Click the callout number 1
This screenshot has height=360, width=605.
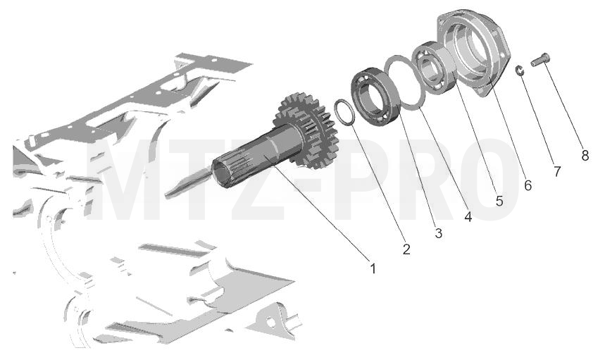tap(373, 268)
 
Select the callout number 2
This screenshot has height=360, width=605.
tap(406, 249)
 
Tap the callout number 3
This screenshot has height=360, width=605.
tap(438, 233)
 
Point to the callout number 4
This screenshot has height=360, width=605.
tap(468, 217)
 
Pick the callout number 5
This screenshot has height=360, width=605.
tap(499, 201)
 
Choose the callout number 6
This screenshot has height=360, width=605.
tap(528, 185)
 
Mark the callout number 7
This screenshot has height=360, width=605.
tap(557, 171)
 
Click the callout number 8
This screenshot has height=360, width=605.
tap(585, 156)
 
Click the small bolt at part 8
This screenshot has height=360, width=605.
tap(540, 60)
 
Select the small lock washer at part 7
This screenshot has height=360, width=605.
tap(520, 70)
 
